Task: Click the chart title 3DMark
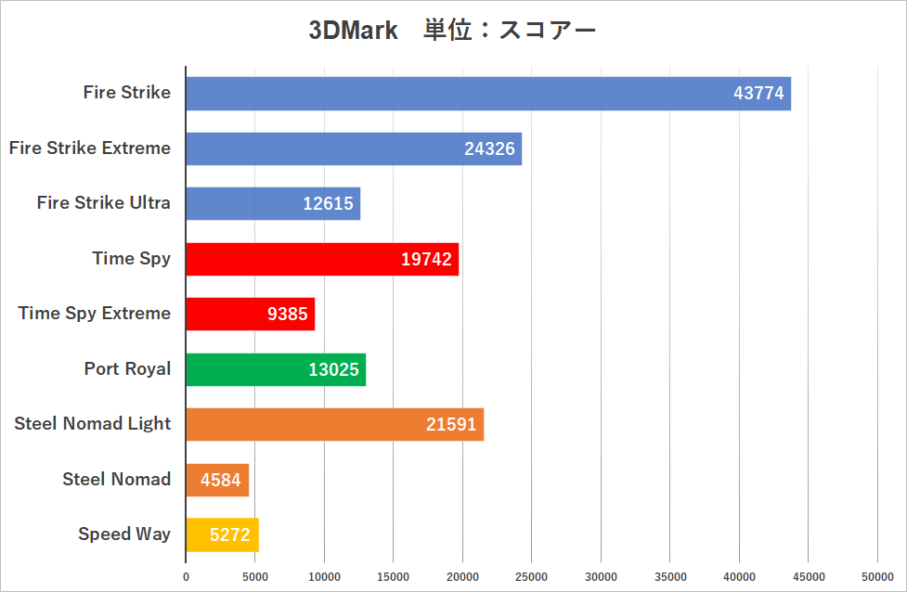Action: point(353,31)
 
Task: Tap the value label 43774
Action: point(758,94)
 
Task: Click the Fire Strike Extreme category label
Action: point(90,148)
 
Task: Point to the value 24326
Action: point(489,148)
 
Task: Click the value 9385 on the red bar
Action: point(287,314)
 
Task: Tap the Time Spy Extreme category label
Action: point(95,313)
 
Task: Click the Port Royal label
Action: point(127,368)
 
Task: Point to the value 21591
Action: point(451,425)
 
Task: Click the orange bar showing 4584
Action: point(217,480)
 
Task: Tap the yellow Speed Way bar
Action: point(222,534)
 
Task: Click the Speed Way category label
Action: point(124,534)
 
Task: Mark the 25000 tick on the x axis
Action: point(532,576)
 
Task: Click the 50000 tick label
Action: point(878,576)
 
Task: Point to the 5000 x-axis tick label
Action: point(255,576)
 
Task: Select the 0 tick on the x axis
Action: point(186,576)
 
